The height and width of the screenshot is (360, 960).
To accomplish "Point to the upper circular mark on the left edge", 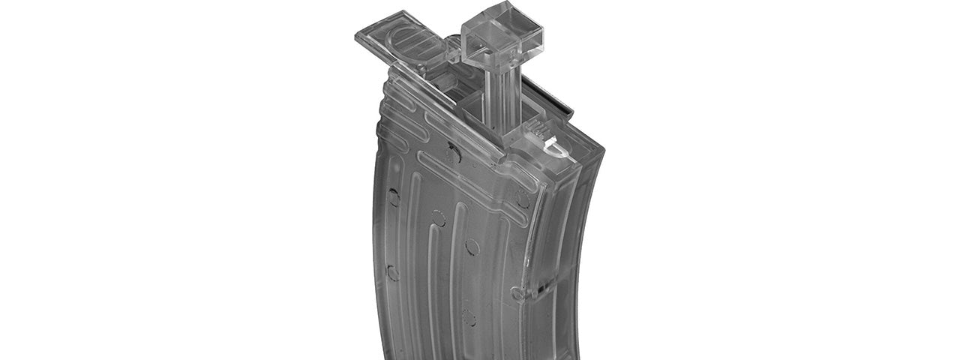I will tap(393, 197).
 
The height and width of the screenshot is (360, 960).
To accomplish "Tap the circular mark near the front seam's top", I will tap(522, 199).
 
